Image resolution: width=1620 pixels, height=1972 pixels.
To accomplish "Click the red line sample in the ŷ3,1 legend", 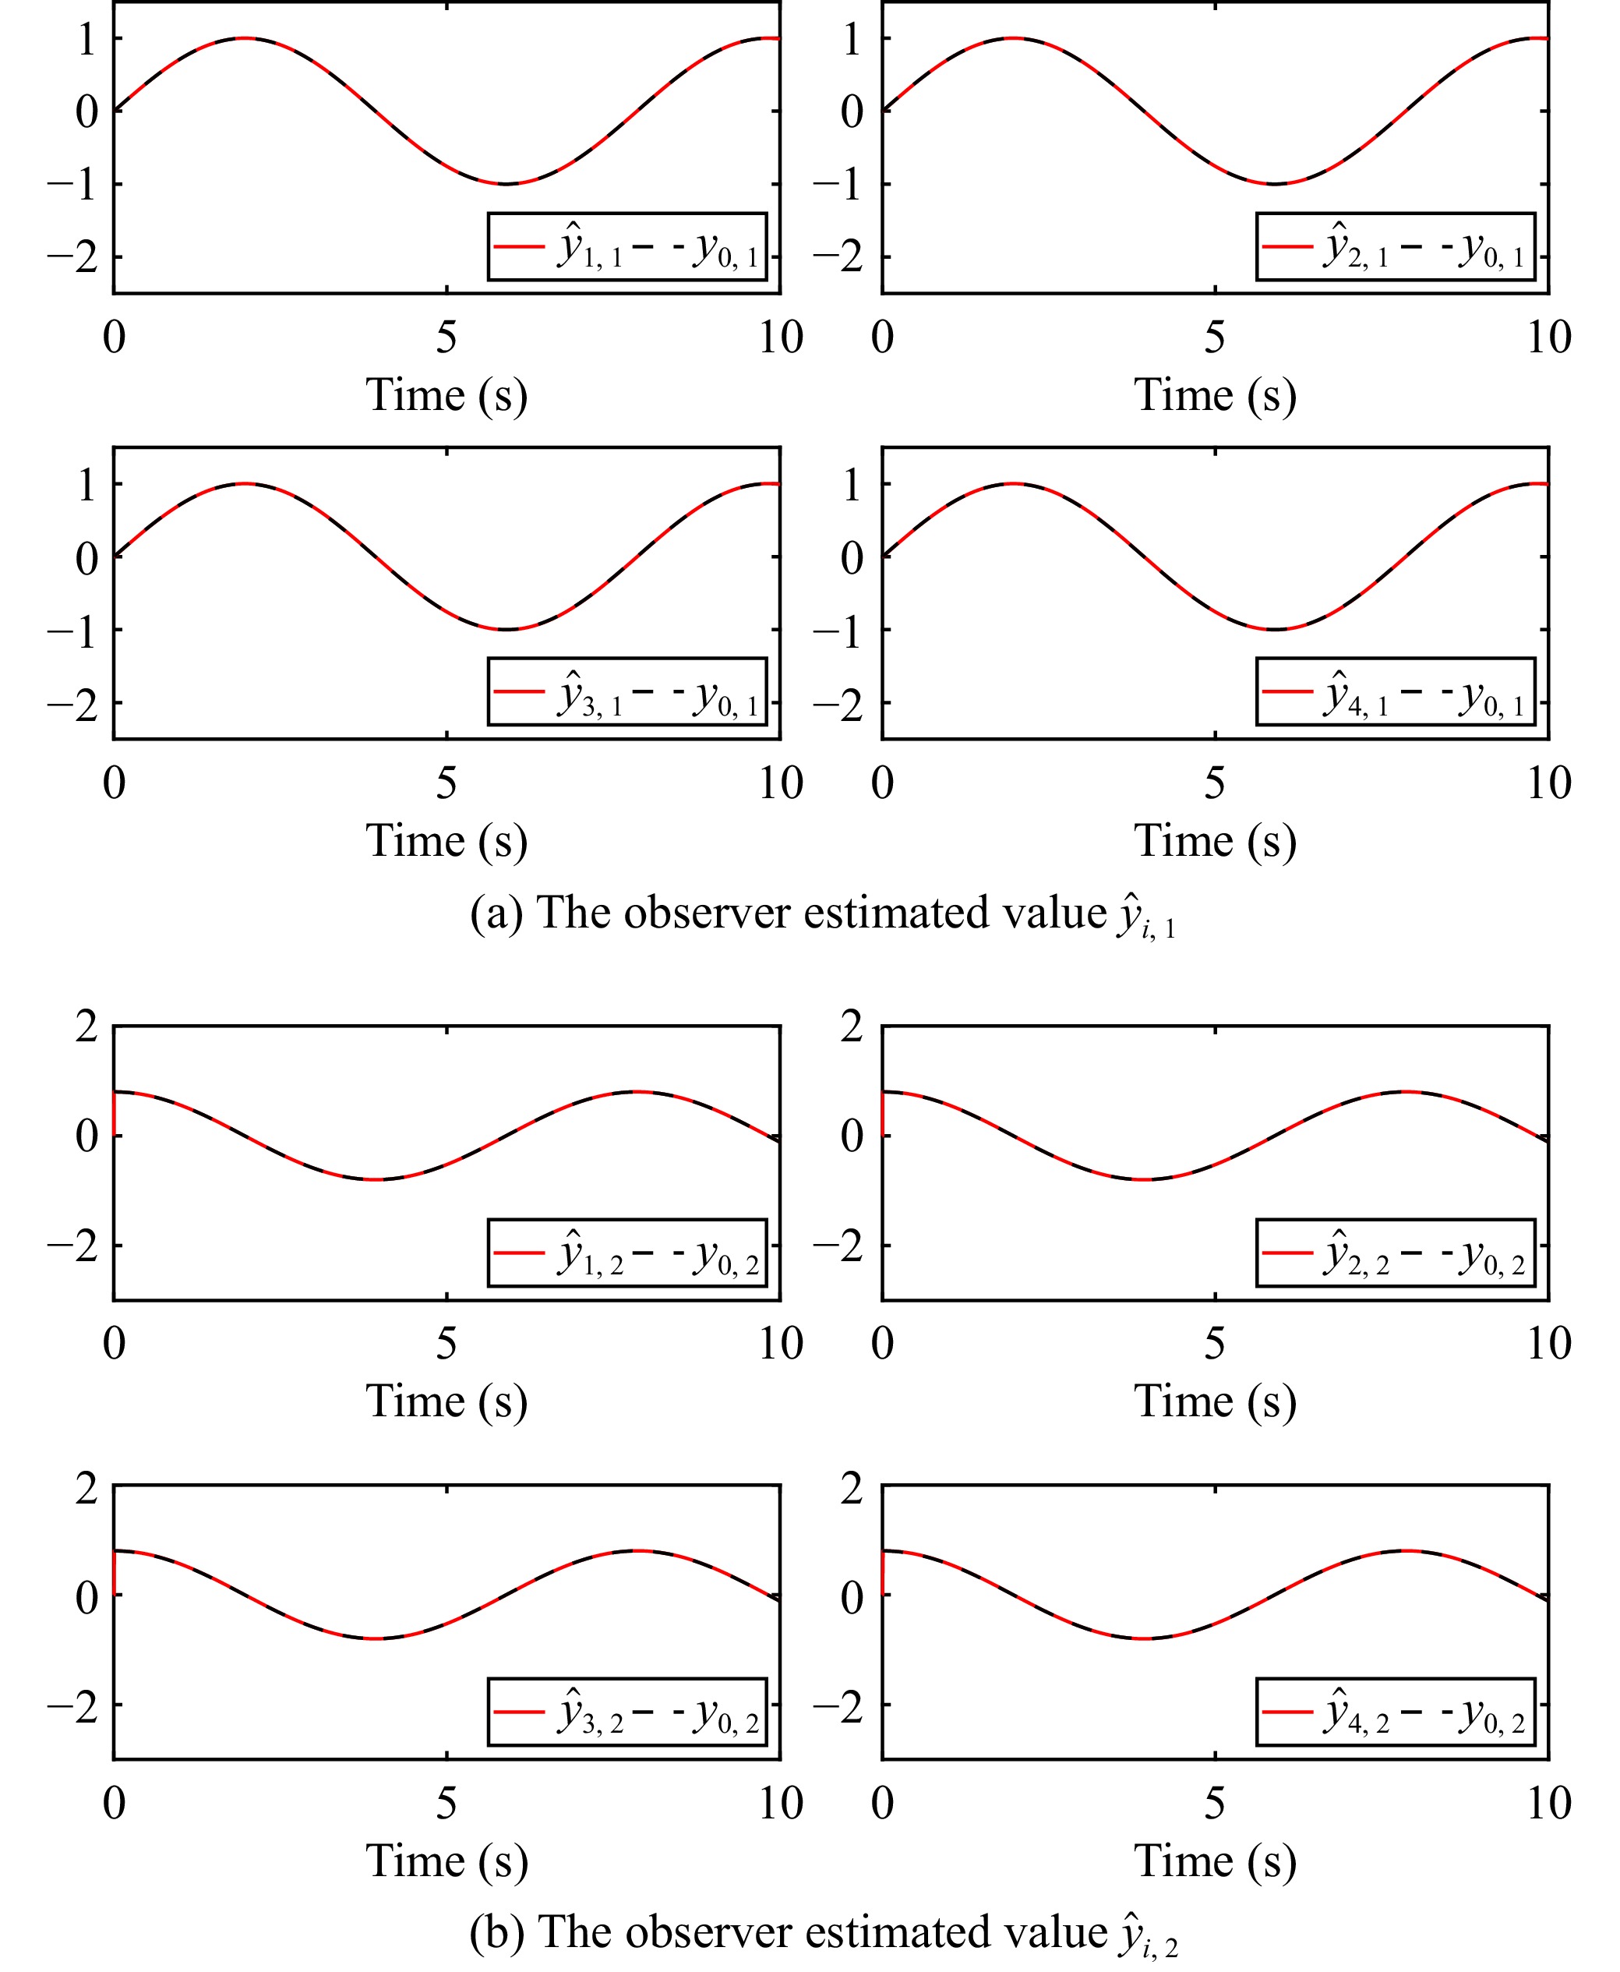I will point(519,691).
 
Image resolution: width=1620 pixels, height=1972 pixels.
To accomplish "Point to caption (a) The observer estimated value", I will point(822,914).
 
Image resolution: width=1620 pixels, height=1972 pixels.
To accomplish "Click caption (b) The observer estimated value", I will point(822,1933).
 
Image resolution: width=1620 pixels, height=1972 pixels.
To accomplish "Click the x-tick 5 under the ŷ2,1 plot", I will point(1214,337).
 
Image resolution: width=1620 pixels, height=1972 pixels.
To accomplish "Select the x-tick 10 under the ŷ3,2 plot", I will point(780,1803).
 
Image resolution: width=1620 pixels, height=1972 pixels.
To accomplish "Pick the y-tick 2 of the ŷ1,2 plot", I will point(86,1027).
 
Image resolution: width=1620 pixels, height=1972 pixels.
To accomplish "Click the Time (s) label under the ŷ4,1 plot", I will point(1215,841).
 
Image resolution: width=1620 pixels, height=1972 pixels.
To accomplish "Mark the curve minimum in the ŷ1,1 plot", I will point(505,184).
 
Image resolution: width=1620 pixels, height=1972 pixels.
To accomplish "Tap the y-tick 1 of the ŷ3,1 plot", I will point(86,484).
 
